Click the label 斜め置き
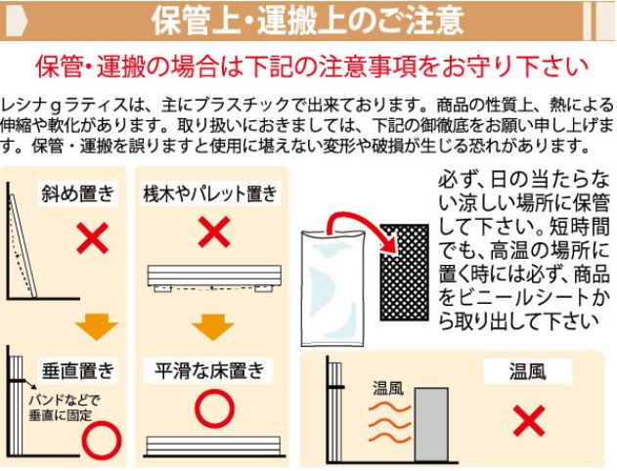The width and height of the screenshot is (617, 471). pyautogui.click(x=77, y=193)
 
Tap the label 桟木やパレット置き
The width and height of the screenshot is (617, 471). pyautogui.click(x=210, y=193)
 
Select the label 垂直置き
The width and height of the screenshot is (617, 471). pyautogui.click(x=78, y=370)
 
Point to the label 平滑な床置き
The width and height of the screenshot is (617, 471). pyautogui.click(x=209, y=370)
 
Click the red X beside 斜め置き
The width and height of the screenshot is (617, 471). pyautogui.click(x=93, y=237)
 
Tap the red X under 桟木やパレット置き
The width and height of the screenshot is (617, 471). pyautogui.click(x=214, y=232)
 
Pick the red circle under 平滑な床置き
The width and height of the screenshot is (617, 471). pyautogui.click(x=214, y=408)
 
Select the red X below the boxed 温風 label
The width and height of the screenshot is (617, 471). pyautogui.click(x=529, y=421)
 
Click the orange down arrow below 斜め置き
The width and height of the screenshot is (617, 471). pyautogui.click(x=97, y=326)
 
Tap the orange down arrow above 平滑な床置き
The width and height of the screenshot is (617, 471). pyautogui.click(x=213, y=326)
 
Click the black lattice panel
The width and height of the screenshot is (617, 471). pyautogui.click(x=404, y=272)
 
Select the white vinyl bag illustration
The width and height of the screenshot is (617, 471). pyautogui.click(x=332, y=288)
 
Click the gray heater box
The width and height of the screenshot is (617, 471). pyautogui.click(x=431, y=425)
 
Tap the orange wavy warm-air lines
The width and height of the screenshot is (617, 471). pyautogui.click(x=389, y=421)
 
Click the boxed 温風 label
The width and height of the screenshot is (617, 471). pyautogui.click(x=528, y=370)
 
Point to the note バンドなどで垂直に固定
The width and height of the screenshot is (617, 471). pyautogui.click(x=63, y=407)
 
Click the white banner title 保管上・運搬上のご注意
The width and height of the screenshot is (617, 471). pyautogui.click(x=307, y=21)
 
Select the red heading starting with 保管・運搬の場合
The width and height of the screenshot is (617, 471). pyautogui.click(x=312, y=66)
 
